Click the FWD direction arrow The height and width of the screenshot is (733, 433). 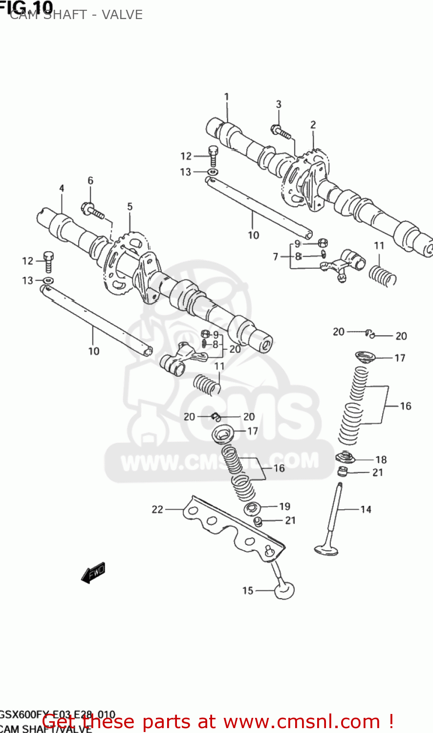93,572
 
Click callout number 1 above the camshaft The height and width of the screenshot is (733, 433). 226,97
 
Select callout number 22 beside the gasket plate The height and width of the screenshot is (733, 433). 157,509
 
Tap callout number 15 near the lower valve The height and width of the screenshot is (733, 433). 248,590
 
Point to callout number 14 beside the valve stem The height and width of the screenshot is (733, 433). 366,509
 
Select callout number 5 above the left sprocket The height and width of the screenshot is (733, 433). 130,207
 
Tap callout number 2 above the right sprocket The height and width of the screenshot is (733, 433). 313,125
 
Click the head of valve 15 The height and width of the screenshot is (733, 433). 284,590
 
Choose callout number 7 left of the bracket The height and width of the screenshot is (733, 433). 276,257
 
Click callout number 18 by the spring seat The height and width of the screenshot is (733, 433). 381,459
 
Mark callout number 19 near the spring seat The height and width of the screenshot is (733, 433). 284,506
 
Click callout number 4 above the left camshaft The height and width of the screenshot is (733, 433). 62,189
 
